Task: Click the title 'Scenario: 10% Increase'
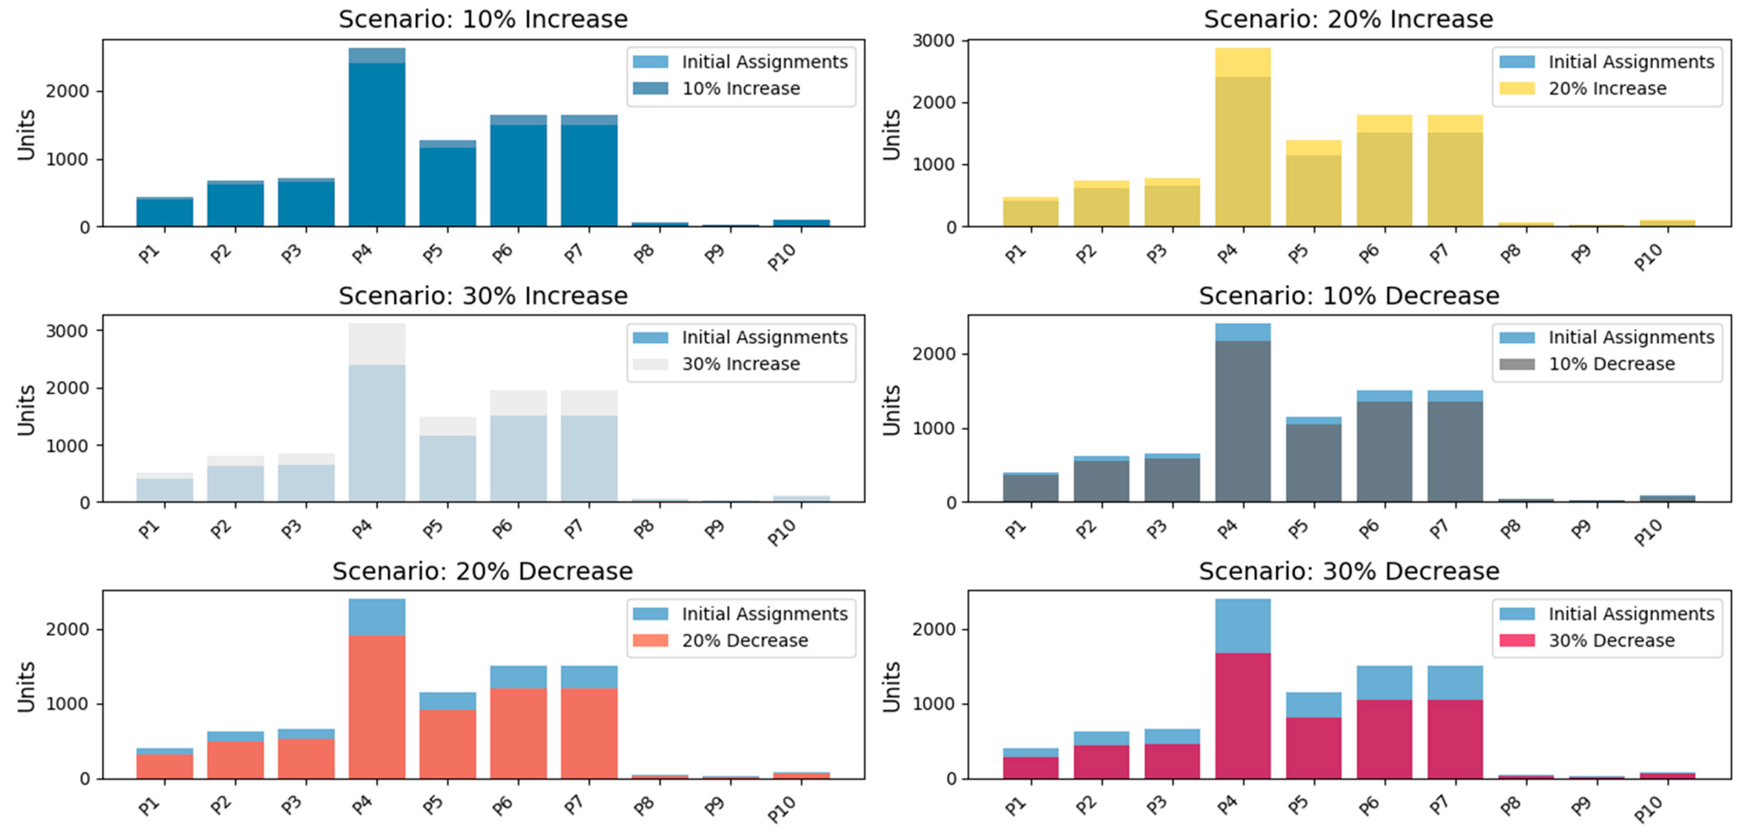coord(483,19)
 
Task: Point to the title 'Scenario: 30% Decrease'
coord(1349,571)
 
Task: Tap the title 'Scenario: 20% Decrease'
coord(483,571)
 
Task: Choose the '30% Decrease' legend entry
coord(1611,641)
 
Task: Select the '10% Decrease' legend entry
coord(1611,364)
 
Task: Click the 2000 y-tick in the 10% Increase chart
coord(68,91)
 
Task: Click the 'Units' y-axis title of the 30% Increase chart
coord(26,409)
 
